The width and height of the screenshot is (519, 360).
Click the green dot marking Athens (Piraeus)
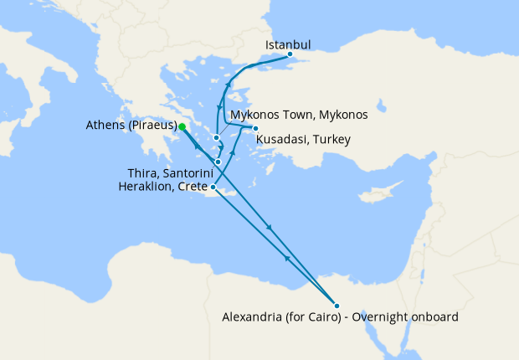pyautogui.click(x=182, y=126)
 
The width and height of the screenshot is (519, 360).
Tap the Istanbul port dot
pyautogui.click(x=290, y=55)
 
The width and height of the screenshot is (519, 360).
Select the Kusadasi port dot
pyautogui.click(x=255, y=128)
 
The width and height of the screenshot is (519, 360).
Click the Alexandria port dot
pyautogui.click(x=336, y=305)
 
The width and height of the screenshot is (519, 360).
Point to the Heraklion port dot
pyautogui.click(x=213, y=187)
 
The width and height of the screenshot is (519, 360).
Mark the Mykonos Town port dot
pyautogui.click(x=216, y=138)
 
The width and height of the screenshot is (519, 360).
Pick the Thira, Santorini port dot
pyautogui.click(x=218, y=162)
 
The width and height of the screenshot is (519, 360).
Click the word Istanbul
pyautogui.click(x=288, y=44)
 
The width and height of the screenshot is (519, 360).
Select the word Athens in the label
pyautogui.click(x=105, y=126)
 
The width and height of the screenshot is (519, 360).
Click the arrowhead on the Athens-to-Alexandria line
pyautogui.click(x=269, y=228)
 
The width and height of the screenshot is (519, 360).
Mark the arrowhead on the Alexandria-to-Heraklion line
pyautogui.click(x=287, y=258)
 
